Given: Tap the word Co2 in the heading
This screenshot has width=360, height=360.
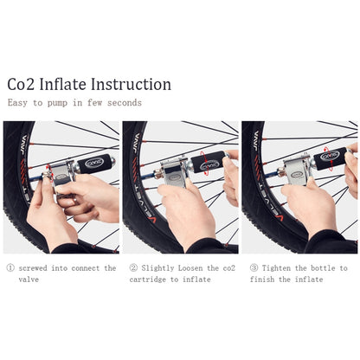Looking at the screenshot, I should point(22,85).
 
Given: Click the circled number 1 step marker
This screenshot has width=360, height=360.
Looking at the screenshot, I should point(10,268).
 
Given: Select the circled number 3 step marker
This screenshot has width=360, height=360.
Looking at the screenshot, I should point(253,268).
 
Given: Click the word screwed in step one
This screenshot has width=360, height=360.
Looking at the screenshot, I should point(36,268).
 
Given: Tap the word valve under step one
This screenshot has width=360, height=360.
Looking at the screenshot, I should point(29,280).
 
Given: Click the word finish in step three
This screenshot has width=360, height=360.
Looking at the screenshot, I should point(263,280).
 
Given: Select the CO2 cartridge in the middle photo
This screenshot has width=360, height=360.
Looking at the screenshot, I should point(209,162).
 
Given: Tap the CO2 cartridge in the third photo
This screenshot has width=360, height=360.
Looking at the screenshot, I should point(331,159).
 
